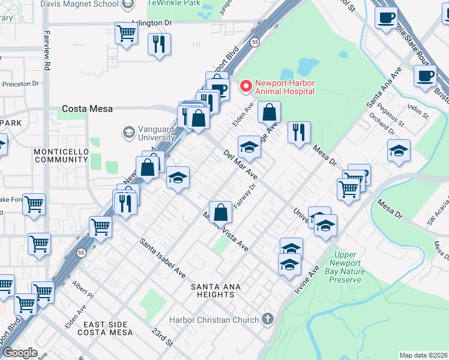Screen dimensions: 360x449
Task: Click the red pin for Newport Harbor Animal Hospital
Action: click(x=246, y=87)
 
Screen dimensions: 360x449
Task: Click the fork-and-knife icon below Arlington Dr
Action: click(x=159, y=44)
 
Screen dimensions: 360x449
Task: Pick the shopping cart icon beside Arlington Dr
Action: click(x=126, y=34)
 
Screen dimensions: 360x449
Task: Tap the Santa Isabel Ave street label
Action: click(x=163, y=258)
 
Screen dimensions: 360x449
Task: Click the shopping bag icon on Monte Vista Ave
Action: click(x=221, y=212)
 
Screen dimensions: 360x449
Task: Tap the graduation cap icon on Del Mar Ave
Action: click(x=249, y=146)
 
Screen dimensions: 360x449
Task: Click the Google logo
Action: click(x=20, y=353)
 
